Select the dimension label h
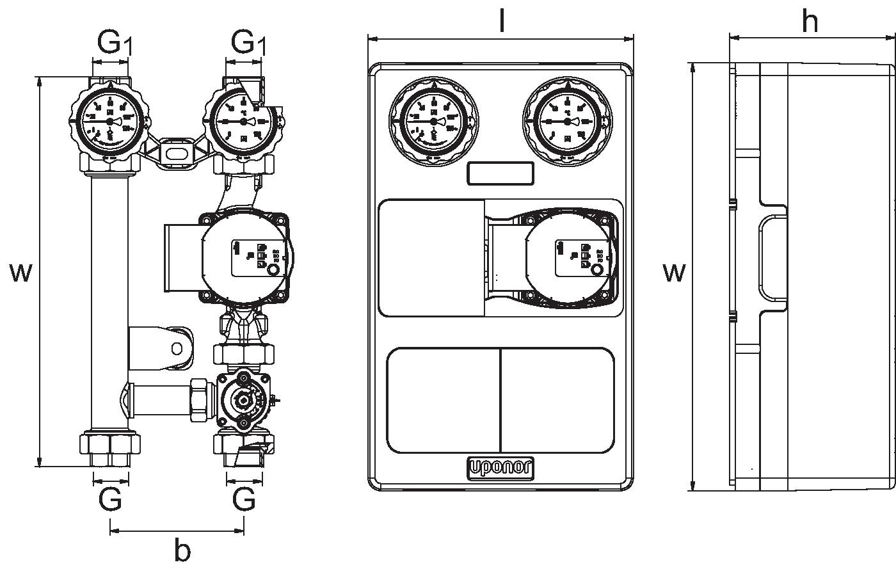[810, 22]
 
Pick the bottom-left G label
[110, 499]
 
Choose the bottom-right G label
[244, 499]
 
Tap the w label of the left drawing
[20, 273]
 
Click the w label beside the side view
[674, 273]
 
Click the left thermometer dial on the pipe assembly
[110, 122]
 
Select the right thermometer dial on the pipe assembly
[244, 122]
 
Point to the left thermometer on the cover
[434, 121]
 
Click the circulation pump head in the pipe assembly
[246, 258]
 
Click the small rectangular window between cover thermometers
[500, 173]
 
